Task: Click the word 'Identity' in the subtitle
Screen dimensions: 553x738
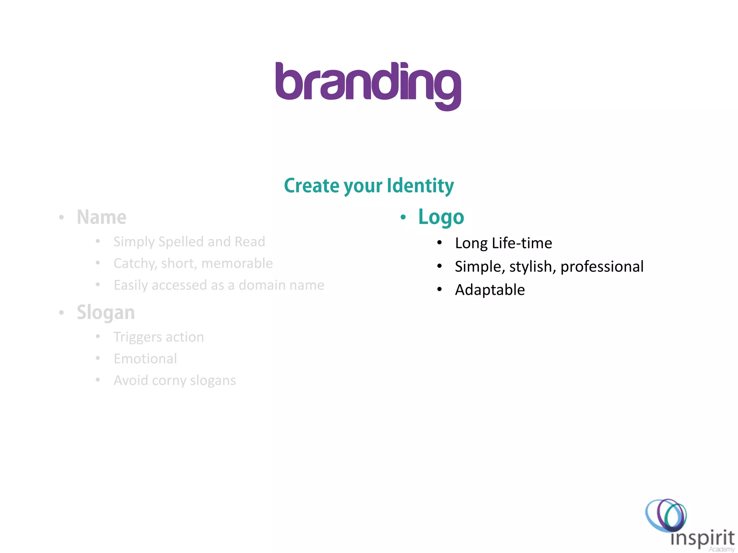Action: point(420,186)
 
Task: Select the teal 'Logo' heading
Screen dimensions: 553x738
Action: point(441,217)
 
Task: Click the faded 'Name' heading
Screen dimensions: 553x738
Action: point(102,217)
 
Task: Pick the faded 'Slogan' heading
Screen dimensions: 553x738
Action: point(106,313)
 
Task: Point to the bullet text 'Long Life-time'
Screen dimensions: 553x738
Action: point(503,243)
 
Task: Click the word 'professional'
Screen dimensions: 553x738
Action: point(602,267)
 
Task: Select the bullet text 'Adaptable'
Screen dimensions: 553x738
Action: point(490,290)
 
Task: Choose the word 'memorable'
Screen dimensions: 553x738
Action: point(237,264)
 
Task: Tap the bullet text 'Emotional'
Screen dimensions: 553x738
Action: point(145,359)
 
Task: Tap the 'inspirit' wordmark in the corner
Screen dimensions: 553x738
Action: point(702,538)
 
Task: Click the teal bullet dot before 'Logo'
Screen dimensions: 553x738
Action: point(403,217)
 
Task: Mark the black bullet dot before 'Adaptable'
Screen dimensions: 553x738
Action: point(439,289)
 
